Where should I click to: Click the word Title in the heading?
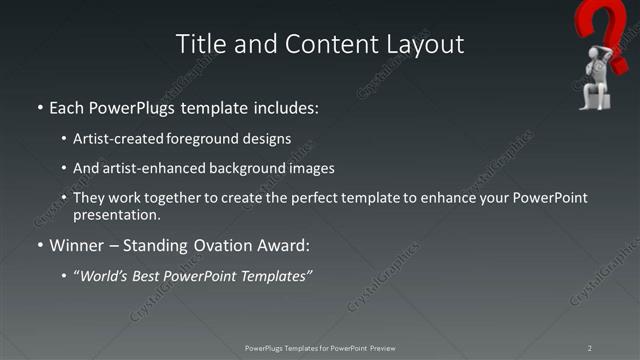pyautogui.click(x=201, y=44)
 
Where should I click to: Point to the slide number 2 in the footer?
pyautogui.click(x=589, y=347)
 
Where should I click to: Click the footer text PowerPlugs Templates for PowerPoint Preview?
pyautogui.click(x=319, y=347)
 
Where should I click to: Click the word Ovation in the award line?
pyautogui.click(x=233, y=245)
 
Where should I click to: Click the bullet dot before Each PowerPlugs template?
pyautogui.click(x=39, y=106)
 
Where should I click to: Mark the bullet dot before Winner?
pyautogui.click(x=39, y=246)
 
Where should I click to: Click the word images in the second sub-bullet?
pyautogui.click(x=310, y=169)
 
